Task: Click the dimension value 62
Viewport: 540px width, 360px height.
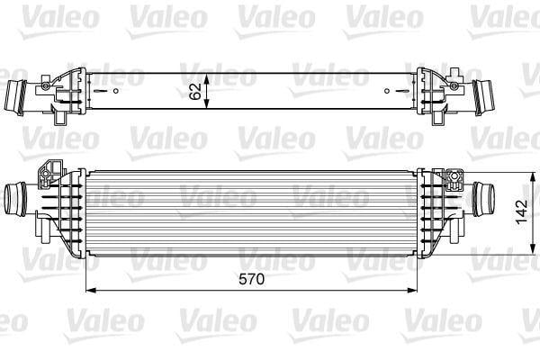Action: point(196,92)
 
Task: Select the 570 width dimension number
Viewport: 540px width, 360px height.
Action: point(252,279)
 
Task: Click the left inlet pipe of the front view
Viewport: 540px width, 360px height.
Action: point(18,196)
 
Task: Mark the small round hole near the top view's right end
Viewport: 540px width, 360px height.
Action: point(387,91)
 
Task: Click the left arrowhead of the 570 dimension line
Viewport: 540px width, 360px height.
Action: point(88,290)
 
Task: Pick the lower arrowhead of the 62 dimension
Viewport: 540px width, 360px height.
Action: point(208,108)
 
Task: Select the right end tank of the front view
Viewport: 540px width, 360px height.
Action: point(437,207)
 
